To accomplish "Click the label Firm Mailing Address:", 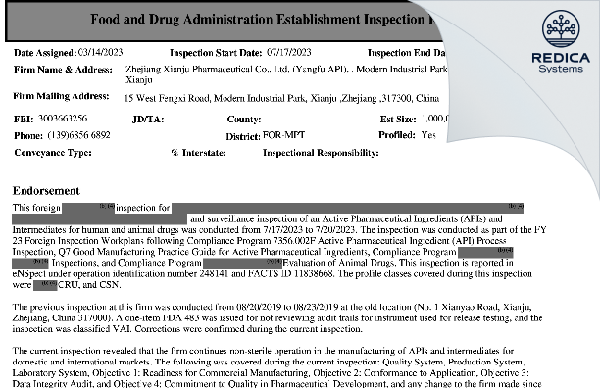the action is pos(61,97).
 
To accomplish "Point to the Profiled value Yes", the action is pos(427,135).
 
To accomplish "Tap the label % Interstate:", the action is pos(192,153).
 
